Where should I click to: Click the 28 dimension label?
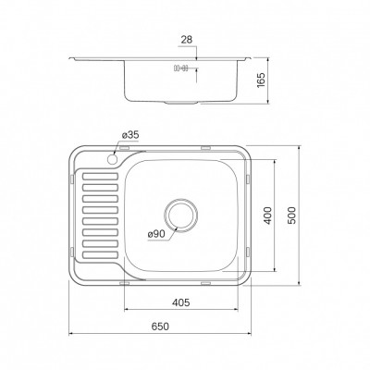pyautogui.click(x=187, y=40)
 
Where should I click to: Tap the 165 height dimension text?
pyautogui.click(x=261, y=80)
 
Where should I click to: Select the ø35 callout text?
pyautogui.click(x=130, y=135)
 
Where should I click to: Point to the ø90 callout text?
pyautogui.click(x=157, y=234)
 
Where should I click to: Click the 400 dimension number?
pyautogui.click(x=268, y=215)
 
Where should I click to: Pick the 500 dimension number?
pyautogui.click(x=292, y=216)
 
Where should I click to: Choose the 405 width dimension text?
pyautogui.click(x=180, y=302)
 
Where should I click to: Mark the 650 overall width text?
pyautogui.click(x=160, y=327)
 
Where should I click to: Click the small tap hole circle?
pyautogui.click(x=112, y=159)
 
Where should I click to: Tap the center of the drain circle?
pyautogui.click(x=180, y=215)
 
